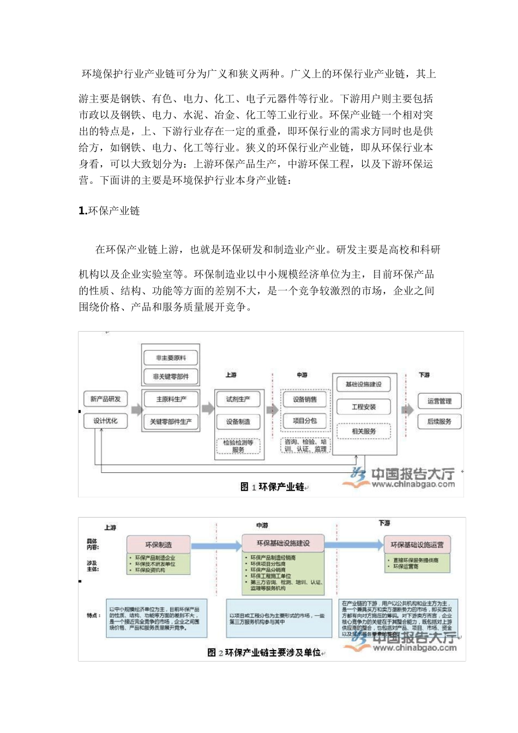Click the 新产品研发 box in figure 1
[x=105, y=399]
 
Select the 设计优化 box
[x=105, y=421]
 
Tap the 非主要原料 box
[x=171, y=358]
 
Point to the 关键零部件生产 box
[x=171, y=422]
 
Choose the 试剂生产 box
[x=238, y=399]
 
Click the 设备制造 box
[x=238, y=422]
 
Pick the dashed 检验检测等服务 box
[x=238, y=446]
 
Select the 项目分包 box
[x=305, y=421]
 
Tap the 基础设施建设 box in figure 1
[x=364, y=384]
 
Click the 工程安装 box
[x=364, y=407]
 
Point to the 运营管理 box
[x=439, y=401]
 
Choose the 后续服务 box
[x=439, y=422]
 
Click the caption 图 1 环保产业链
[x=272, y=486]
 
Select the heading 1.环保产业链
[x=109, y=211]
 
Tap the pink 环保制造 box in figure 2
[x=159, y=544]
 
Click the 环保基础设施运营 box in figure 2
[x=417, y=544]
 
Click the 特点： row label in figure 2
[x=93, y=615]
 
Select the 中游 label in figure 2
[x=262, y=525]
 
